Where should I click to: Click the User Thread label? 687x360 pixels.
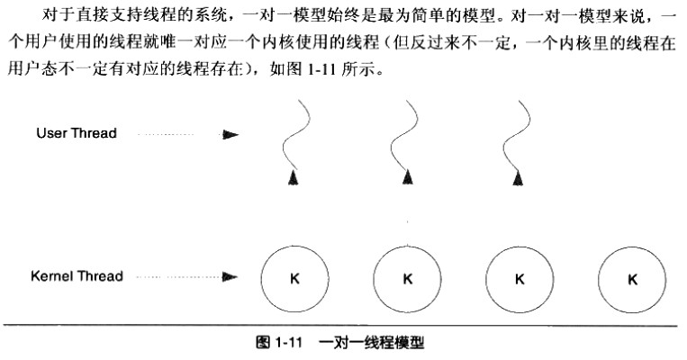[x=77, y=133]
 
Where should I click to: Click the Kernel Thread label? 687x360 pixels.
[x=77, y=276]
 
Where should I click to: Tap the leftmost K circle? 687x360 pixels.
[x=294, y=278]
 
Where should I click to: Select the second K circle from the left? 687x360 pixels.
[x=408, y=278]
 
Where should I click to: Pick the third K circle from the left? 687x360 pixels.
[x=520, y=278]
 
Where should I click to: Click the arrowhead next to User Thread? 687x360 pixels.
[x=231, y=134]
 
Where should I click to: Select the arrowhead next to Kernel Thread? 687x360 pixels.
[x=231, y=277]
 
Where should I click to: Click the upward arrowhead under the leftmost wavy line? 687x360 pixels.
[x=292, y=181]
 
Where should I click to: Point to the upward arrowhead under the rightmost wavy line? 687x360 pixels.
[x=517, y=181]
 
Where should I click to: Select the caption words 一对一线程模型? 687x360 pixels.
[x=371, y=342]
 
